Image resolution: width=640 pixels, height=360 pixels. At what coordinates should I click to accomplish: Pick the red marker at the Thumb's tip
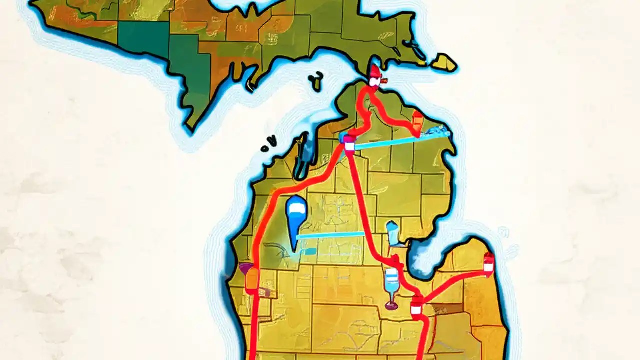click(x=488, y=263)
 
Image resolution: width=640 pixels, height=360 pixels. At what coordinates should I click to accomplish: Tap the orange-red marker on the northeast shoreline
click(x=417, y=120)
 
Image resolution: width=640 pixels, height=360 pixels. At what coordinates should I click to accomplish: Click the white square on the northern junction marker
click(x=349, y=145)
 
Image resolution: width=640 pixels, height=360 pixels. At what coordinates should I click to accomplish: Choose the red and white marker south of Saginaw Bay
click(x=416, y=306)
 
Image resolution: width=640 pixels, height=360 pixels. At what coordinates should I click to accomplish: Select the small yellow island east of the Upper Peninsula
click(x=443, y=63)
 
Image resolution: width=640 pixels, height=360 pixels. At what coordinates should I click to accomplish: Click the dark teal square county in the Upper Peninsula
click(x=142, y=40)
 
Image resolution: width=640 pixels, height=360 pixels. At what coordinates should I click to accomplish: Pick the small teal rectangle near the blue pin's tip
click(x=308, y=251)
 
